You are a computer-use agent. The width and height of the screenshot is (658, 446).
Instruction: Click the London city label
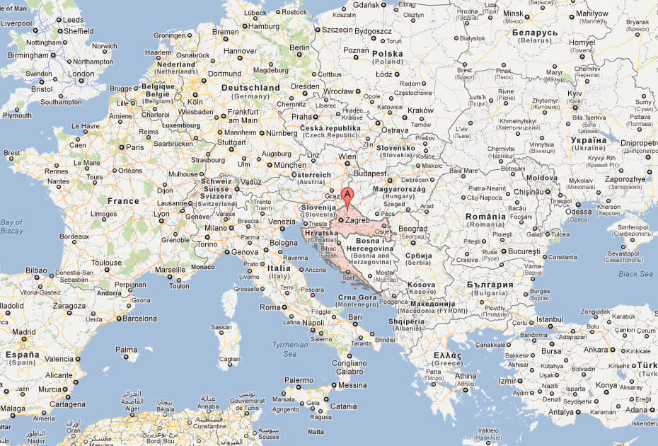click(x=81, y=74)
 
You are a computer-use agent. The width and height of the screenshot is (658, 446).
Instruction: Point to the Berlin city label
click(x=300, y=47)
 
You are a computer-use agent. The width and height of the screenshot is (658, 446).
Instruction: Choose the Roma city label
click(x=270, y=307)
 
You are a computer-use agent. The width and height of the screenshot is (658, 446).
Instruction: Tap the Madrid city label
click(x=24, y=331)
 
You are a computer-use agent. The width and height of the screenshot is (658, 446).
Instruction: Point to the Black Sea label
click(x=635, y=274)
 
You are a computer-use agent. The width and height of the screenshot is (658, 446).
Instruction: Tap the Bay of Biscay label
click(x=12, y=226)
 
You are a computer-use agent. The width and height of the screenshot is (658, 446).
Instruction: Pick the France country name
click(x=123, y=201)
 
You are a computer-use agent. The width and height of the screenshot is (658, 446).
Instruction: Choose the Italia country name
click(x=278, y=269)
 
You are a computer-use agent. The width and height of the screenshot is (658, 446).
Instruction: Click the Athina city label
click(x=466, y=376)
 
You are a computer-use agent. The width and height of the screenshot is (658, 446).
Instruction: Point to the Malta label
click(x=316, y=432)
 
